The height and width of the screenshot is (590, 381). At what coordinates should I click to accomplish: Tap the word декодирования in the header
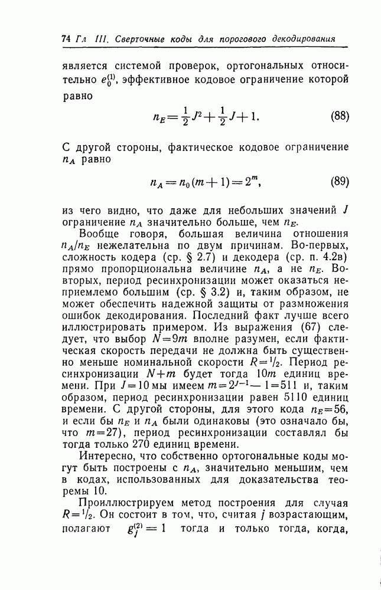click(304, 39)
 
